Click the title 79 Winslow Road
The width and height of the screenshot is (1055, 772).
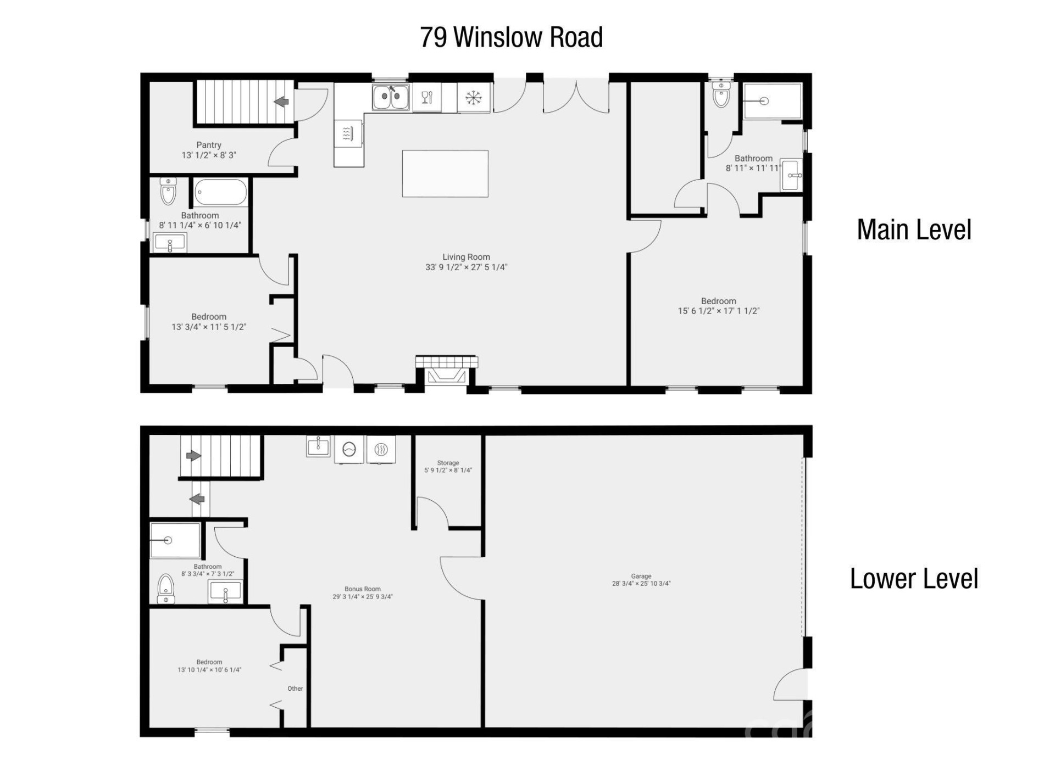pyautogui.click(x=511, y=37)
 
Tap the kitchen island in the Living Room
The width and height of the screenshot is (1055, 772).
pyautogui.click(x=445, y=174)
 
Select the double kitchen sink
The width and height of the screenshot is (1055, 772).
pyautogui.click(x=390, y=98)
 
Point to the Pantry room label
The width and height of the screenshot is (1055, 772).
pyautogui.click(x=209, y=145)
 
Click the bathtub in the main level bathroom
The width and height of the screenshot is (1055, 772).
pyautogui.click(x=220, y=192)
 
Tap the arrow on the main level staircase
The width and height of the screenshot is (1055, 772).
pyautogui.click(x=282, y=102)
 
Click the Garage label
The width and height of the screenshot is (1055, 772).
pyautogui.click(x=641, y=577)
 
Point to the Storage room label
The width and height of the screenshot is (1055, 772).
pyautogui.click(x=448, y=463)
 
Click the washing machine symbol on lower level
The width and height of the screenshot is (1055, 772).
pyautogui.click(x=349, y=450)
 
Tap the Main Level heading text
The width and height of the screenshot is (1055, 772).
pyautogui.click(x=914, y=230)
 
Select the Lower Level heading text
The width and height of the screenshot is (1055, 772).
pyautogui.click(x=914, y=579)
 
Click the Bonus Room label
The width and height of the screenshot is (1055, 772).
pyautogui.click(x=362, y=589)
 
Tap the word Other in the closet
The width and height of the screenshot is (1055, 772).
pyautogui.click(x=295, y=689)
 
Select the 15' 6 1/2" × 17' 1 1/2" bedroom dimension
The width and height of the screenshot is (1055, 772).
pyautogui.click(x=718, y=311)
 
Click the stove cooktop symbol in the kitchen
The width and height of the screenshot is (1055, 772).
pyautogui.click(x=347, y=133)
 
